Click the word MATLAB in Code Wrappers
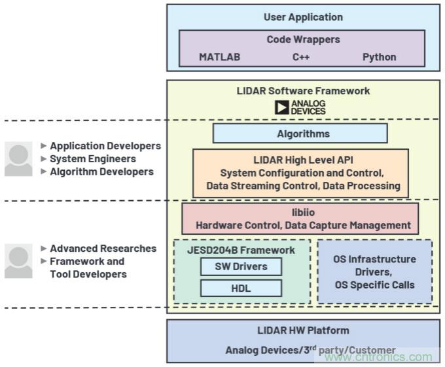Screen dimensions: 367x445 tap(219, 57)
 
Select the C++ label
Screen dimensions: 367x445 tap(301, 57)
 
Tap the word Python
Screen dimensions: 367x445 tap(380, 57)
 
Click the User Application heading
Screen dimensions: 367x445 tap(303, 17)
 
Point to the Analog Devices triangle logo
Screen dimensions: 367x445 tap(282, 107)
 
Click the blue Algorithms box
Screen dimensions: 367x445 tap(300, 133)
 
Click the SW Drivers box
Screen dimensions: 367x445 tap(241, 266)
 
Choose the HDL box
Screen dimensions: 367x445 tap(241, 288)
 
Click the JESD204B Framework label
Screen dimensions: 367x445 tap(241, 250)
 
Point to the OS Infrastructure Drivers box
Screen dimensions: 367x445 tap(375, 271)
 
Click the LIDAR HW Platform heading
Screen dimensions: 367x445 tap(303, 330)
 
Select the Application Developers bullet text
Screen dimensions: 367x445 tap(105, 146)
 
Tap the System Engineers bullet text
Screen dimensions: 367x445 tap(93, 159)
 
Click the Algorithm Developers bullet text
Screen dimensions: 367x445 tap(101, 172)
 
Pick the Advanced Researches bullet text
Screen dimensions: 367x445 tap(103, 249)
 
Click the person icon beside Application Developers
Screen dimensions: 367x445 tap(18, 159)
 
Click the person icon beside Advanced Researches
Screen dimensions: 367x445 tap(18, 261)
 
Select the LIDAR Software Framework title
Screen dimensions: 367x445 tap(303, 91)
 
